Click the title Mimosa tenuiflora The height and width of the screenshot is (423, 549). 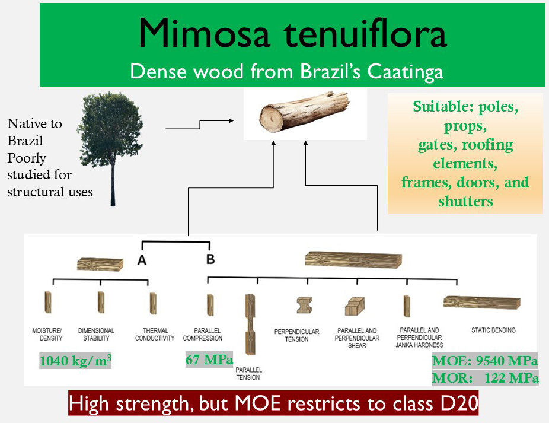pos(293,34)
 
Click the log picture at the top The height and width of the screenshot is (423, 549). pos(304,112)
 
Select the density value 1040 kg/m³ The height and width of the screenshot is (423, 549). pos(76,361)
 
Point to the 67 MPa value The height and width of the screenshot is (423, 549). pos(209,360)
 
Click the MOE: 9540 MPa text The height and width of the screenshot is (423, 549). pos(485,361)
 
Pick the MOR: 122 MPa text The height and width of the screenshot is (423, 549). pos(486,378)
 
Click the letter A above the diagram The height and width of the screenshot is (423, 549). pos(142,260)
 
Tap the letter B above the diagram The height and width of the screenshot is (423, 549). pos(210,259)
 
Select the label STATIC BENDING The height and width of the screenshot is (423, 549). pos(493,330)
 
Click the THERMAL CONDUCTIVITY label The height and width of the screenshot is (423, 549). pos(155,335)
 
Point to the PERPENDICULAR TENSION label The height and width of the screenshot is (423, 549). pos(296,335)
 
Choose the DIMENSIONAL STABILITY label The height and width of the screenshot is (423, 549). pos(96,335)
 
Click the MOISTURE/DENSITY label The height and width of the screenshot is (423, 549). pos(47,335)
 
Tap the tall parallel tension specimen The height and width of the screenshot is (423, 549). pos(250,325)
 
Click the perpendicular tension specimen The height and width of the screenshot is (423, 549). pos(304,305)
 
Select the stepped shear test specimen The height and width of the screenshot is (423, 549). pos(355,306)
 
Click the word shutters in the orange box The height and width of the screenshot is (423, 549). pos(465,202)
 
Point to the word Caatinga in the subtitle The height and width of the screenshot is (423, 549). pos(405,72)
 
